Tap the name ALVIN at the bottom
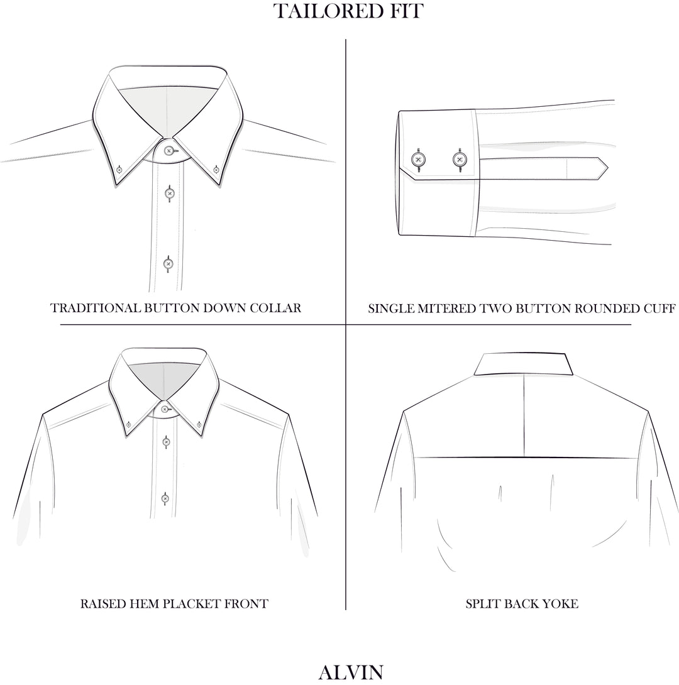(x=351, y=672)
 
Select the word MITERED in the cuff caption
(x=447, y=309)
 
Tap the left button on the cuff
(x=417, y=159)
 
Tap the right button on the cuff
(x=460, y=159)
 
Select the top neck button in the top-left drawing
(x=168, y=151)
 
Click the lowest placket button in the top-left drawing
(x=168, y=264)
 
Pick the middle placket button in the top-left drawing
(x=168, y=193)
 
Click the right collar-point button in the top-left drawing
(x=216, y=169)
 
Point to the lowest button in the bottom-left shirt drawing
(x=165, y=498)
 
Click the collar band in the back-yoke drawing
(x=524, y=364)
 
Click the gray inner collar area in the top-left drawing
(x=141, y=107)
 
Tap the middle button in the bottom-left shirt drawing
(x=165, y=442)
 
